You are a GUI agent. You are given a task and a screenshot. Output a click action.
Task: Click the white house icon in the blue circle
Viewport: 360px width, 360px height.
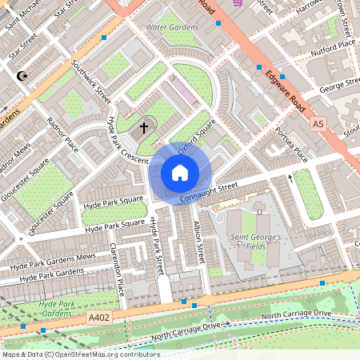tap(180, 172)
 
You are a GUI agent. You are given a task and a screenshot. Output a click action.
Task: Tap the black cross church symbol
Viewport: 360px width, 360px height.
tap(145, 126)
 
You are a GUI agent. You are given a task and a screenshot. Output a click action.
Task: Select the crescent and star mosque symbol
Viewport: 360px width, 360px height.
tap(22, 77)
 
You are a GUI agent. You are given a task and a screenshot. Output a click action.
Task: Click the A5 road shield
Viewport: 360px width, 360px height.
tap(318, 124)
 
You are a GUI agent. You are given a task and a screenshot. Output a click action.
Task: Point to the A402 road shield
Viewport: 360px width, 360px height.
tap(99, 318)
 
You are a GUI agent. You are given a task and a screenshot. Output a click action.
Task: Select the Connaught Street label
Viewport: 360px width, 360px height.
tap(209, 191)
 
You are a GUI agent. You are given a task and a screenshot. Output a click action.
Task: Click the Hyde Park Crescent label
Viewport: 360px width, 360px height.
tap(127, 141)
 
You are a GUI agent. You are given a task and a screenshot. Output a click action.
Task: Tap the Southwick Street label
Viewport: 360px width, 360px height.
tap(91, 82)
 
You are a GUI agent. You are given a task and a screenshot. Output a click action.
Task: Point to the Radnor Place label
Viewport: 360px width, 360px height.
tap(62, 135)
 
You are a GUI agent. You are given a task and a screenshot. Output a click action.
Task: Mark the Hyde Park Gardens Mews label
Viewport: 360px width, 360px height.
tap(53, 261)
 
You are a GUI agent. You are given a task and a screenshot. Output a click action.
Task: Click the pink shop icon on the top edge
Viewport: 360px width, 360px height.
tap(238, 2)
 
